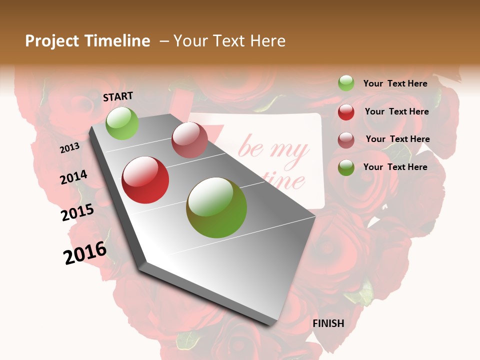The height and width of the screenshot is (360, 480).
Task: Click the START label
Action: (x=118, y=96)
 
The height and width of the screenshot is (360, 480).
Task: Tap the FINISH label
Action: (x=328, y=323)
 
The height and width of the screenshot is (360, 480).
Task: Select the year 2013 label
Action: (x=69, y=148)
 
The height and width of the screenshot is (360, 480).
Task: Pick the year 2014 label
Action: (x=73, y=177)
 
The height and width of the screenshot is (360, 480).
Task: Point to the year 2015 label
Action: (x=77, y=212)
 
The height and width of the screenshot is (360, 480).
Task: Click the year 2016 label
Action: (x=85, y=253)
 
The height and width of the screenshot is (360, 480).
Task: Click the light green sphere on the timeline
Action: (x=122, y=123)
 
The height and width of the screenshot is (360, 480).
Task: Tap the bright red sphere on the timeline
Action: (x=145, y=180)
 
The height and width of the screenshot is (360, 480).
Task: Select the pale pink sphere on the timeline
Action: (x=189, y=140)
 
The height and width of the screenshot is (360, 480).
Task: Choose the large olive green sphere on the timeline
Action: (x=216, y=207)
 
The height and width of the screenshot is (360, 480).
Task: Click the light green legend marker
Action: (x=346, y=83)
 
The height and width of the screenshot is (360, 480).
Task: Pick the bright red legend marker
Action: (x=346, y=112)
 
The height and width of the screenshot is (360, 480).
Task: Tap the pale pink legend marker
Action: (x=346, y=140)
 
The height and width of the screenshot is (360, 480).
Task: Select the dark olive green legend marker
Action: (x=346, y=167)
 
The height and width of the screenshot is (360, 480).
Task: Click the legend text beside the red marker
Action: (x=396, y=111)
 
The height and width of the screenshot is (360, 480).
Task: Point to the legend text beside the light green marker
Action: (x=395, y=83)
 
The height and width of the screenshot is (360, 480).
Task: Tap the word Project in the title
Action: (x=52, y=41)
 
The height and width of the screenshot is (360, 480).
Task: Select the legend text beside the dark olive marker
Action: (x=395, y=167)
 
